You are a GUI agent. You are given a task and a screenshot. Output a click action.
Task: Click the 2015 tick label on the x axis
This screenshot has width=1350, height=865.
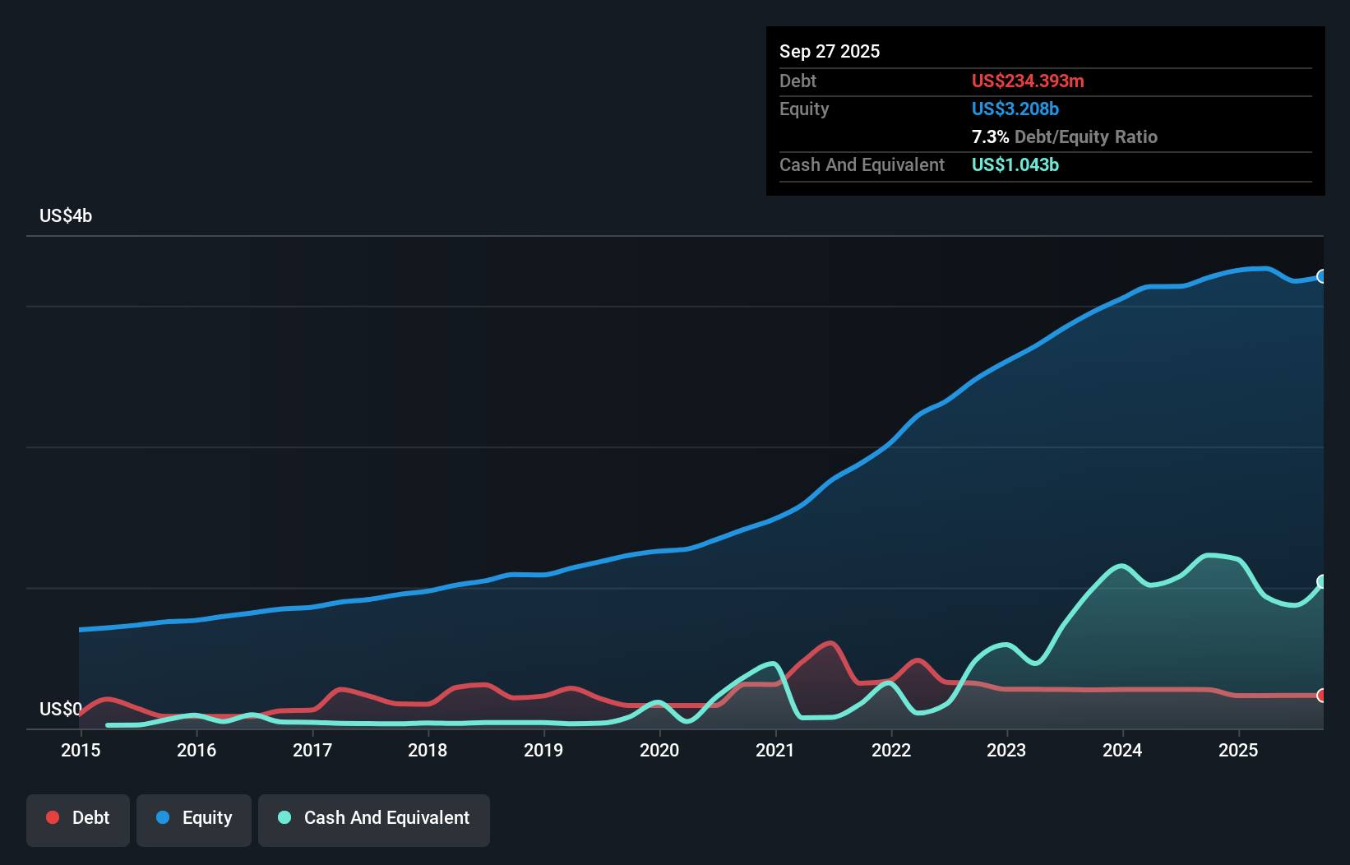click(x=81, y=750)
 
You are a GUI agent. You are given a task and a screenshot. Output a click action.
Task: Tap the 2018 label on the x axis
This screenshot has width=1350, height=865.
click(x=428, y=750)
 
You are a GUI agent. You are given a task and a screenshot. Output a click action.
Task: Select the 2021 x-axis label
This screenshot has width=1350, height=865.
click(x=775, y=750)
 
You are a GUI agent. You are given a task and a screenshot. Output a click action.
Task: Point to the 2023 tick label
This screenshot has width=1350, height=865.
click(x=1006, y=750)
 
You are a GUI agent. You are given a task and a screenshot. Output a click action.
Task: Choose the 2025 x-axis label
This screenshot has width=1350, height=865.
click(x=1238, y=750)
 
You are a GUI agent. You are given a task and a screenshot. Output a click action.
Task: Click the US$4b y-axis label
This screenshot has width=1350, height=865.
click(x=66, y=216)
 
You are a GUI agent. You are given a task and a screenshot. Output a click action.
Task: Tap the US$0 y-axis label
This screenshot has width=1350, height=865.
click(x=60, y=709)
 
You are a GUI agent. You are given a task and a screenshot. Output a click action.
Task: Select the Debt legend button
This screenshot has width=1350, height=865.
click(x=78, y=818)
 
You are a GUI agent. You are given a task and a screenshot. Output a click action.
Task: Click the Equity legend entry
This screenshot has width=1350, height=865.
click(x=194, y=818)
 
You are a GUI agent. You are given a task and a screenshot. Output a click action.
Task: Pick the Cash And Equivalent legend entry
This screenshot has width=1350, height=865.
click(x=374, y=818)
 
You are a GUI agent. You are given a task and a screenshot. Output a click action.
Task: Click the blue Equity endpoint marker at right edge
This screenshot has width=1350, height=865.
click(x=1322, y=276)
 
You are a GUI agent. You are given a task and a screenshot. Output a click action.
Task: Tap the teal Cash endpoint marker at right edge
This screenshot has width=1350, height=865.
click(x=1322, y=581)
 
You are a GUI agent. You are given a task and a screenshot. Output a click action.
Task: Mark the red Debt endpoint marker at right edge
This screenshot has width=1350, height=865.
click(x=1322, y=696)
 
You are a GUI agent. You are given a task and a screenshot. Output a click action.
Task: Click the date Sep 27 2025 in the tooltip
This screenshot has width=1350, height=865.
click(x=830, y=51)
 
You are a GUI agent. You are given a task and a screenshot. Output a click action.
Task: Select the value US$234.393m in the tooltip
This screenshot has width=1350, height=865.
click(x=1028, y=81)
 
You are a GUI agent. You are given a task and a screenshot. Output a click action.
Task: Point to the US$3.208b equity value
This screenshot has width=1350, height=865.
click(x=1015, y=109)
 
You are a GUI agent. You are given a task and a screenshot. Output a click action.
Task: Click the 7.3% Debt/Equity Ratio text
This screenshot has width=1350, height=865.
click(x=1064, y=136)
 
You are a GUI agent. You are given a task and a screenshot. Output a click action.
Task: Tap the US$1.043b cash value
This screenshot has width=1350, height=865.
click(x=1015, y=164)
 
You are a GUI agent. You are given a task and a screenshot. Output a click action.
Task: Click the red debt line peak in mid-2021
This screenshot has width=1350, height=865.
click(x=830, y=644)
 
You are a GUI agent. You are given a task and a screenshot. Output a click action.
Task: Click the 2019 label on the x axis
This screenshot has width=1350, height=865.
click(x=543, y=750)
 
